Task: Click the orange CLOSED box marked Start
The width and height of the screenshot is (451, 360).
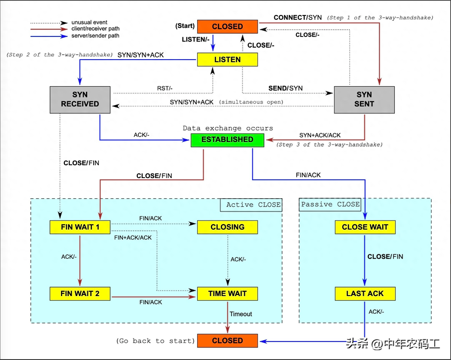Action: (227, 26)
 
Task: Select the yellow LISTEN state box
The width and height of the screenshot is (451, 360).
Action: (227, 60)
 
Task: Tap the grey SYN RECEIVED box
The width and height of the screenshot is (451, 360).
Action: (80, 99)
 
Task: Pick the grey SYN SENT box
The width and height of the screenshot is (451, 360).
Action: (364, 99)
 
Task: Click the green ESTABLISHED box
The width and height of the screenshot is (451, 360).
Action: (227, 139)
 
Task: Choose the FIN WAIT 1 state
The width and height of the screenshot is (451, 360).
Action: (80, 227)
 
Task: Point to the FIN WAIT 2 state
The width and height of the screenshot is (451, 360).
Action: (80, 293)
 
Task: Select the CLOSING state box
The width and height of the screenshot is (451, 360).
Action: (227, 227)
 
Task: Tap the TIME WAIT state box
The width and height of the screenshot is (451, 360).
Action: (227, 293)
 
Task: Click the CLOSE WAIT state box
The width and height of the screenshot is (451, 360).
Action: (365, 227)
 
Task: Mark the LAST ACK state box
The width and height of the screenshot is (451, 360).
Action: (365, 293)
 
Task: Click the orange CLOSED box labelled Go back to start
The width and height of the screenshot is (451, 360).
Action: (227, 341)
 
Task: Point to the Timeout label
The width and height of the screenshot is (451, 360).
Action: (241, 314)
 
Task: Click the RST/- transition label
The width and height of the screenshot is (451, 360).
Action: (165, 88)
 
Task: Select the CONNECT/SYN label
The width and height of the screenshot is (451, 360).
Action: (298, 18)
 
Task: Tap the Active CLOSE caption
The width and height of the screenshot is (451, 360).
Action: (253, 205)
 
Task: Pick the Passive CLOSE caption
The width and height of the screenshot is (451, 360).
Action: (330, 204)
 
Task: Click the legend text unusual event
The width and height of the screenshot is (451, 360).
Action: (89, 22)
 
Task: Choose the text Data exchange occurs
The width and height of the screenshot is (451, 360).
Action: (228, 128)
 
